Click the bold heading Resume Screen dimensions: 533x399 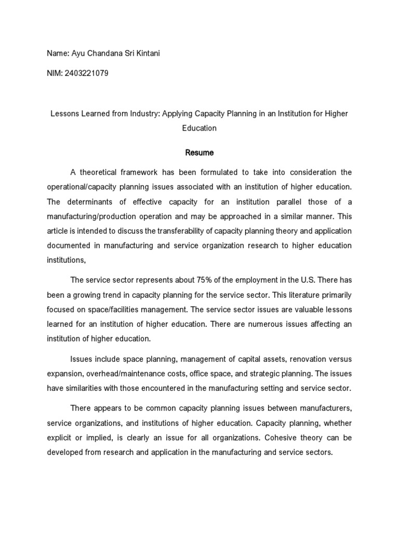[199, 153]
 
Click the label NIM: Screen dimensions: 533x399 [55, 73]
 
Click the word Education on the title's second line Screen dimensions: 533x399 [199, 128]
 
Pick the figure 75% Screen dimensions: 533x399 [188, 280]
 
